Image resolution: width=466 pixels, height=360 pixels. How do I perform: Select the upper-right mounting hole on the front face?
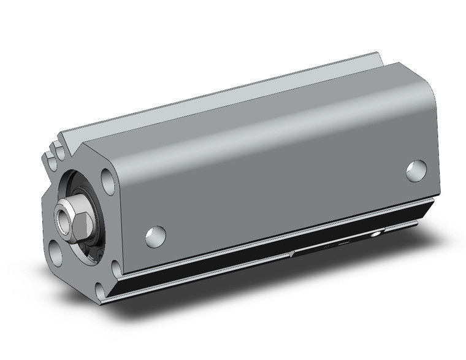click(x=108, y=181)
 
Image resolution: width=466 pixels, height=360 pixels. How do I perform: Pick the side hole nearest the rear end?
click(x=417, y=169)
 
